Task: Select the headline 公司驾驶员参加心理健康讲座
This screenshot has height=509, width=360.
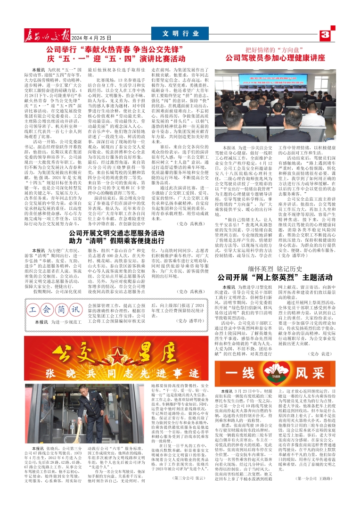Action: [x=275, y=58]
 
